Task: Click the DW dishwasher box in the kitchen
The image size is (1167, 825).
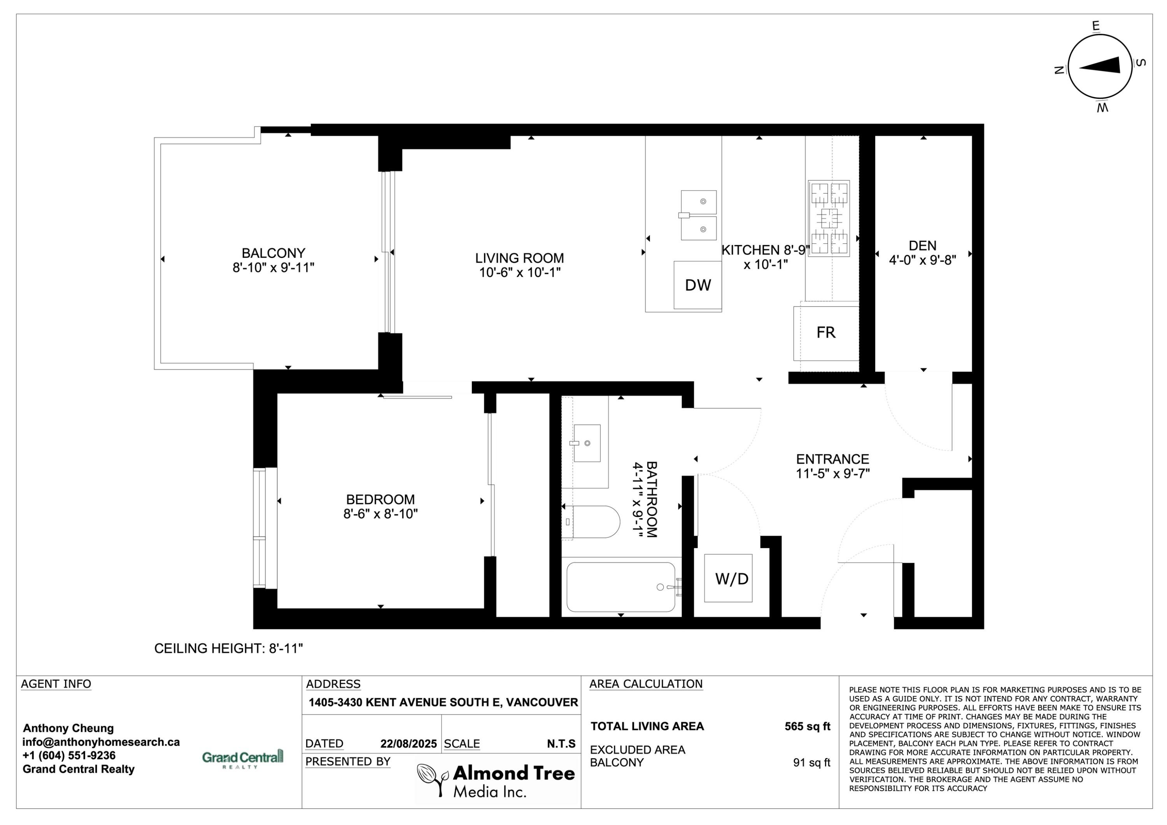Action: coord(697,285)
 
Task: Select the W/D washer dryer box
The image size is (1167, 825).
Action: coord(728,578)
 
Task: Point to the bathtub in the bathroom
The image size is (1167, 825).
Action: coord(621,587)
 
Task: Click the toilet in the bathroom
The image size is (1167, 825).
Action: coord(592,522)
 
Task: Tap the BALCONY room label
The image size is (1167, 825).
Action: coord(273,253)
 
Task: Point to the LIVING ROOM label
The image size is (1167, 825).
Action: coord(519,258)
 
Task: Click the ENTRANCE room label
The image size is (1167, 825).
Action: coord(832,459)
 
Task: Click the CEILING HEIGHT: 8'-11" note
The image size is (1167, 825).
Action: coord(229,649)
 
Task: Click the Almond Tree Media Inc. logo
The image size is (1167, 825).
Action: coord(496,780)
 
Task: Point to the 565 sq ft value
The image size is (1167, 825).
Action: coord(807,726)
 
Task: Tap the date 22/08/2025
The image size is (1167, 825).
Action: coord(409,744)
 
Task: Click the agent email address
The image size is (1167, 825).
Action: coord(101,742)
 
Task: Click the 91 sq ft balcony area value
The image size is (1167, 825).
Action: coord(812,762)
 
